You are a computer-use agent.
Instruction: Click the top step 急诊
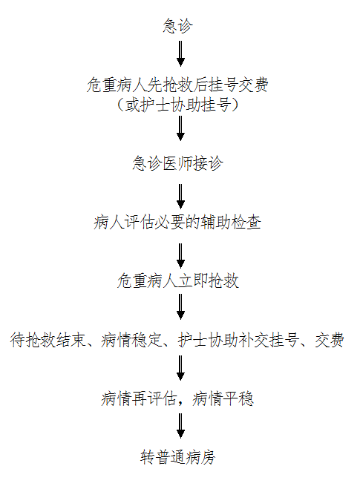(177, 25)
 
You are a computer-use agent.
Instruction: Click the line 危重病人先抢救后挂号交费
(177, 85)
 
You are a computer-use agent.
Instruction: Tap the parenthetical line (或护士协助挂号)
(177, 105)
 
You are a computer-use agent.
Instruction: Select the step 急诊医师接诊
(177, 163)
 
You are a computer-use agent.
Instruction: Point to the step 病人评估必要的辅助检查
(177, 223)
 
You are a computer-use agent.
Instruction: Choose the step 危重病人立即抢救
(177, 281)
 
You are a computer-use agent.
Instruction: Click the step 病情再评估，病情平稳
(177, 399)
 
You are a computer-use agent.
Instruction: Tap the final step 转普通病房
(177, 458)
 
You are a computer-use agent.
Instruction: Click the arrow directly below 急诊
(180, 53)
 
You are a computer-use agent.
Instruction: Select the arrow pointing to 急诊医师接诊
(180, 128)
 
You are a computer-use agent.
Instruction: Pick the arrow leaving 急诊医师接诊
(180, 197)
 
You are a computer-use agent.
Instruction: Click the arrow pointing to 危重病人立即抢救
(180, 256)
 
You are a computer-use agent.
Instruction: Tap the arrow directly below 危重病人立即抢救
(180, 307)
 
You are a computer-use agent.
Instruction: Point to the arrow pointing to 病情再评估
(180, 368)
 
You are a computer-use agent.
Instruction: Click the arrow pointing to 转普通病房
(180, 426)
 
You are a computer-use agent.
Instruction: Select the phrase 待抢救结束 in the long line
(48, 340)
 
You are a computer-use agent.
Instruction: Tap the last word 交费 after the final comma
(330, 340)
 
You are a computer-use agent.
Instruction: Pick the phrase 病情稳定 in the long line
(131, 340)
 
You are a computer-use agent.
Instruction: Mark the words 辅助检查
(231, 223)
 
